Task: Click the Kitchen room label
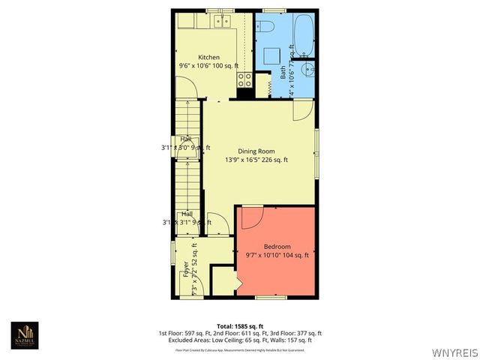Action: pos(208,58)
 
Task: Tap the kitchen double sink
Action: pos(222,21)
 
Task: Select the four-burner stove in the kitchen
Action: pos(244,79)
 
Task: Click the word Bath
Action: pos(283,73)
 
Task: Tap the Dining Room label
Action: pos(256,151)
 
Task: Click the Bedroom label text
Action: pos(277,247)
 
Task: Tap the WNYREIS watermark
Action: pos(454,351)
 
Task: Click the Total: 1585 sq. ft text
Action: pos(240,326)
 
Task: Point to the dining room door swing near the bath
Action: pos(302,111)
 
